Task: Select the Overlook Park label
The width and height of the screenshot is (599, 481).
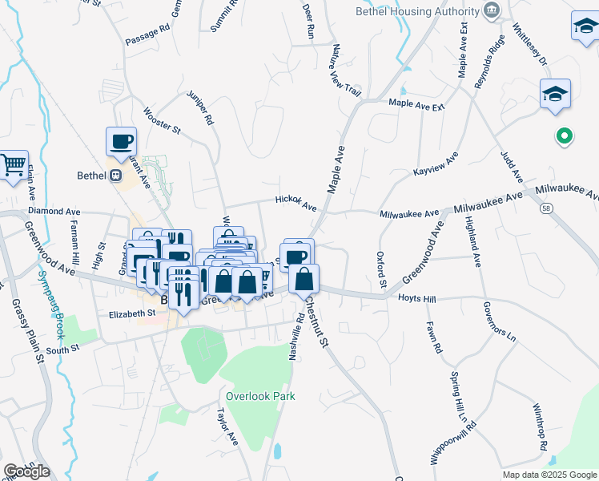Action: pyautogui.click(x=260, y=396)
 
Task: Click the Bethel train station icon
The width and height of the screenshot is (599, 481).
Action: pyautogui.click(x=115, y=176)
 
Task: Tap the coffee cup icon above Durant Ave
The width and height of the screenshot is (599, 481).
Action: pyautogui.click(x=122, y=142)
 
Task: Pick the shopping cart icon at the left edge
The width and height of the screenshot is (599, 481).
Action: pyautogui.click(x=14, y=166)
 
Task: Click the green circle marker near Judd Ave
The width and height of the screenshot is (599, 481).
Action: pyautogui.click(x=564, y=137)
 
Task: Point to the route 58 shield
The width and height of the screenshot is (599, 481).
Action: pyautogui.click(x=545, y=208)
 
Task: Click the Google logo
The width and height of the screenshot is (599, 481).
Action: pyautogui.click(x=26, y=471)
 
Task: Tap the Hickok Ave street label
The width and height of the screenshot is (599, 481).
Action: pyautogui.click(x=296, y=202)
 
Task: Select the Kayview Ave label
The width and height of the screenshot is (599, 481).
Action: pyautogui.click(x=435, y=164)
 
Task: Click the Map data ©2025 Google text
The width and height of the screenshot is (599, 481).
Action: pyautogui.click(x=549, y=475)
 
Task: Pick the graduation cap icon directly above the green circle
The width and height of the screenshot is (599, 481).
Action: pyautogui.click(x=555, y=94)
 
